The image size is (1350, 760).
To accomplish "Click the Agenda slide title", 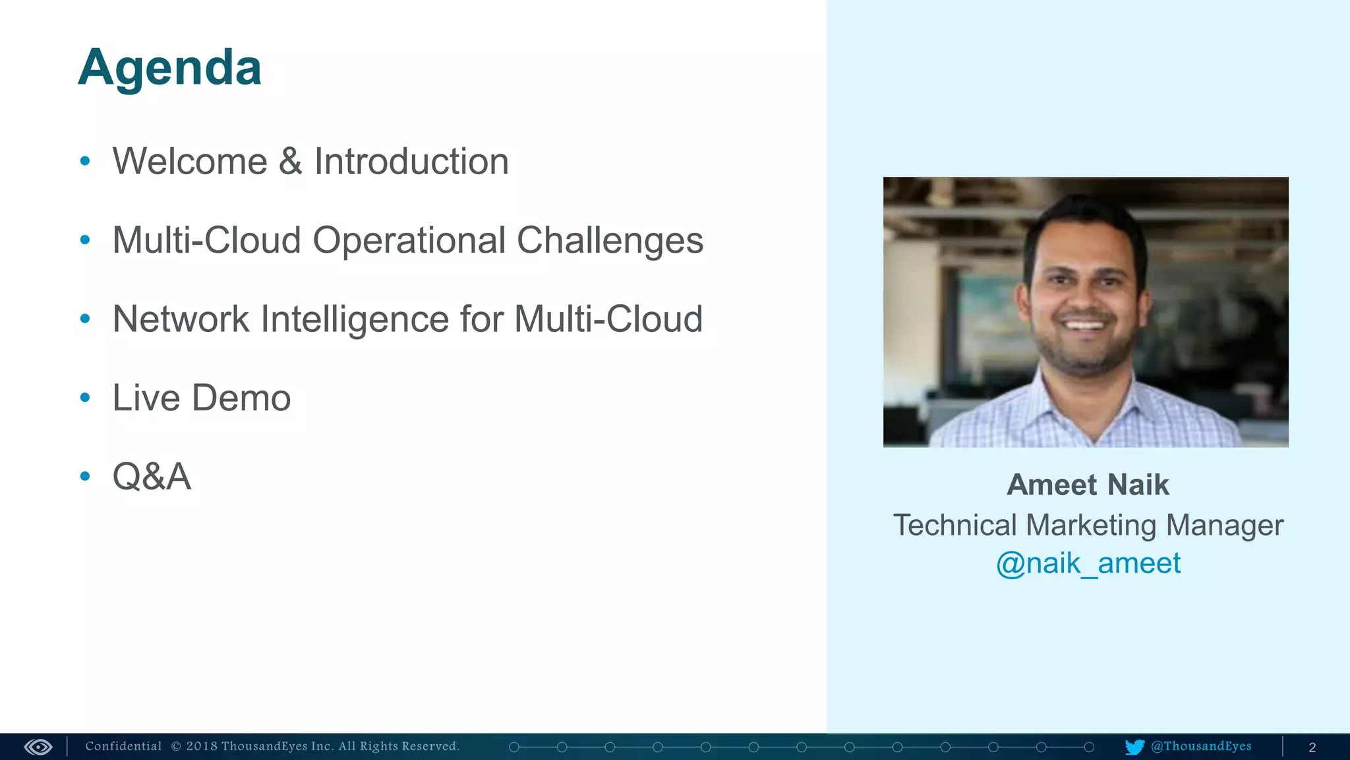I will point(169,68).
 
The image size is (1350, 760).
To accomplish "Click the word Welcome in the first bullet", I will point(190,162).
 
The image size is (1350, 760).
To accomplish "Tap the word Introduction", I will point(411,162).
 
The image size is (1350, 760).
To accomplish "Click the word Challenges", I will point(610,241).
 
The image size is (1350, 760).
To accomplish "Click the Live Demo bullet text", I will point(201,398).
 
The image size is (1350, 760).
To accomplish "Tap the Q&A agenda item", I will point(152,476).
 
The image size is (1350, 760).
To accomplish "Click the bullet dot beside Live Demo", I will point(85,397).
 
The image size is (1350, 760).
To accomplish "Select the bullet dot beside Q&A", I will point(85,476).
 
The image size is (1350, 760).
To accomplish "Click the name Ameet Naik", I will point(1088,485).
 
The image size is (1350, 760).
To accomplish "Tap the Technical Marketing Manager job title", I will point(1088,525).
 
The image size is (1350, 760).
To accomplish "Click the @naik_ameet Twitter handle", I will point(1088,563).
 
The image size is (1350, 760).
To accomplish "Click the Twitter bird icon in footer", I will point(1134,747).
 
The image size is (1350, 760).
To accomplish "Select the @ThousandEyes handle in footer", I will point(1201,746).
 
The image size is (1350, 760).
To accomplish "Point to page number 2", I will point(1312,747).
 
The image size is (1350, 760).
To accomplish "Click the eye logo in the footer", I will point(38,747).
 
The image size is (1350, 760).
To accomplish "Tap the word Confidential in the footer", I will point(123,746).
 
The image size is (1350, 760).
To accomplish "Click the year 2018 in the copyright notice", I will point(202,746).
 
